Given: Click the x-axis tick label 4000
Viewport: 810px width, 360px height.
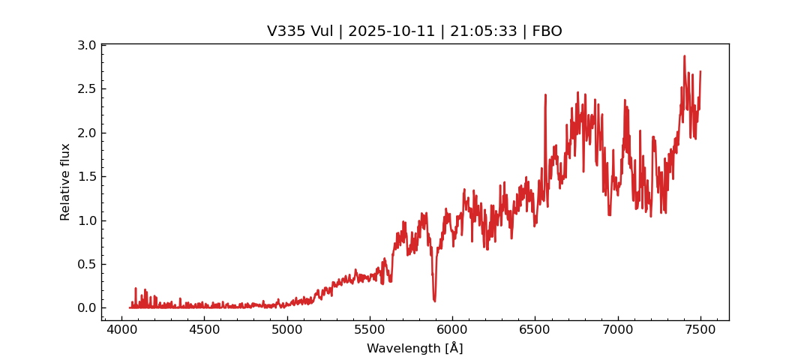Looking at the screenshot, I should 122,330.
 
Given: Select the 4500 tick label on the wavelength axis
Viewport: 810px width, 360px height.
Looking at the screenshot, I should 205,330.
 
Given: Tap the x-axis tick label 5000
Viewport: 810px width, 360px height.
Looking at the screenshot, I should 287,330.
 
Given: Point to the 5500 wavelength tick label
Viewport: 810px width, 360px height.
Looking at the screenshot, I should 370,330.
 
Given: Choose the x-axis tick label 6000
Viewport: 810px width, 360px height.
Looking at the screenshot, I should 452,330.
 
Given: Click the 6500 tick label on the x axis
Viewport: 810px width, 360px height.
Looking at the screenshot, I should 535,330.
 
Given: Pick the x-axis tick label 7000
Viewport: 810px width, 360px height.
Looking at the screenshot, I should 617,330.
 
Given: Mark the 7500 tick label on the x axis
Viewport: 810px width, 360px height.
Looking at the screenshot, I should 700,330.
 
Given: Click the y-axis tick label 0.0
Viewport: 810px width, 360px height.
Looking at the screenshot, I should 87,308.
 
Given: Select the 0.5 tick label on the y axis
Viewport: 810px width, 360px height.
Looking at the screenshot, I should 87,264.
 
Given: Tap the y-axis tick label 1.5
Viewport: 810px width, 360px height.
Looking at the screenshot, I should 87,177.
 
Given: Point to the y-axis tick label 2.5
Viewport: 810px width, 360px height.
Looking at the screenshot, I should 87,89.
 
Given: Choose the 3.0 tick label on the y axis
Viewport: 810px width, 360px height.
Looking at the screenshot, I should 87,46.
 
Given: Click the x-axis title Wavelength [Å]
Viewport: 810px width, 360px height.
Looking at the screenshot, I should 415,349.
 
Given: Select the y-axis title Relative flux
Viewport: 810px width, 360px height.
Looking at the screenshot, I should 65,182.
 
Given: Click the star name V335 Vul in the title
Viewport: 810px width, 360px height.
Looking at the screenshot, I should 296,31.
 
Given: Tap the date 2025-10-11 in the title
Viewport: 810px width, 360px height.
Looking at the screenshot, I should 388,31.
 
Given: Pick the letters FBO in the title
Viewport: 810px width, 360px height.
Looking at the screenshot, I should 547,31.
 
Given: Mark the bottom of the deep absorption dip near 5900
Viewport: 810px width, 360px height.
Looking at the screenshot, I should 434,301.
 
